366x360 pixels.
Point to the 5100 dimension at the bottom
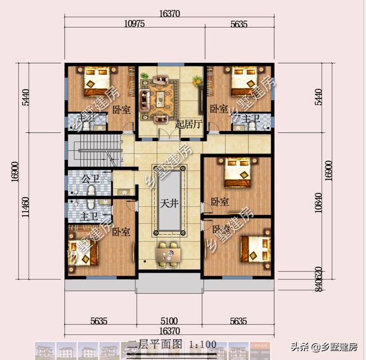tap(169, 321)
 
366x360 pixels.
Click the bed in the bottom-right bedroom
tap(254, 247)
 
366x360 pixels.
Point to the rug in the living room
tap(160, 95)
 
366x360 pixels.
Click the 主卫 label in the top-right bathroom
tap(252, 118)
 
